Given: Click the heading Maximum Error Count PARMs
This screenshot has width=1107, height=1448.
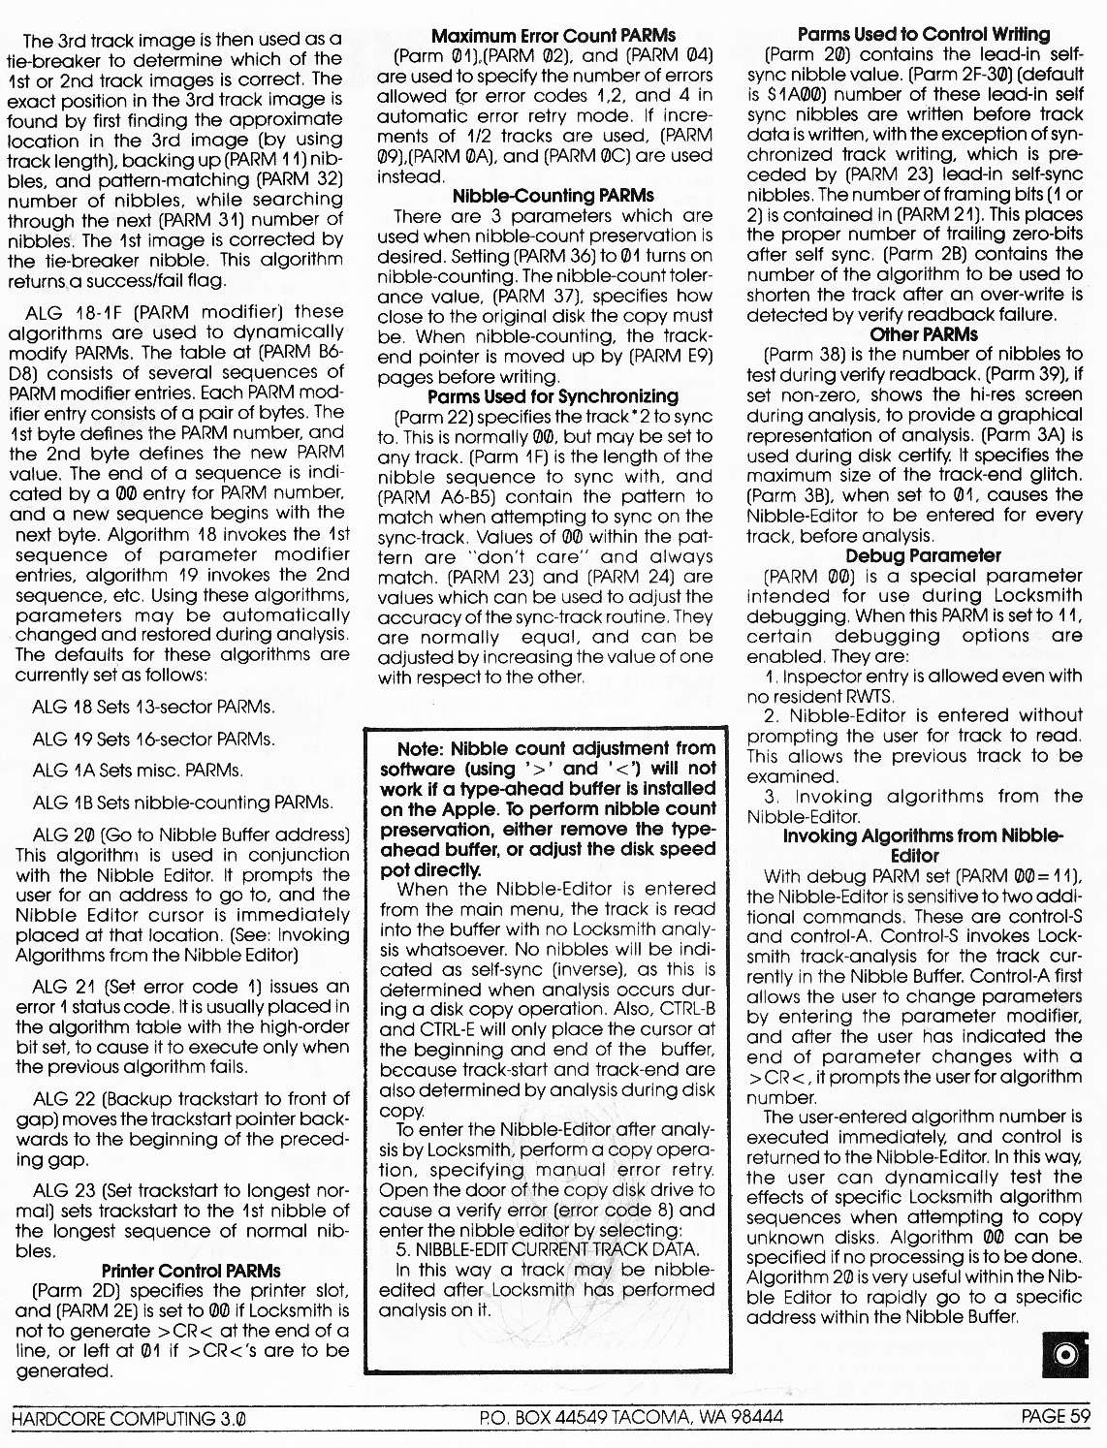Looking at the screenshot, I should (x=553, y=36).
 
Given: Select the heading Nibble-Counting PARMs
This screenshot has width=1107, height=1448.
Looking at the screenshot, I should (x=553, y=196).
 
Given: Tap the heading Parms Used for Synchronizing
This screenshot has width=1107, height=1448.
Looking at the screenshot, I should (x=553, y=396).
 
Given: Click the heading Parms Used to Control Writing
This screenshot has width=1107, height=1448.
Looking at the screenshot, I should (x=923, y=35).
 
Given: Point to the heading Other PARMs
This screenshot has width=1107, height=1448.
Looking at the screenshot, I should (x=923, y=334).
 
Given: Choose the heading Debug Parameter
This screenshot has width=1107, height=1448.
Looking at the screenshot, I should (x=923, y=555).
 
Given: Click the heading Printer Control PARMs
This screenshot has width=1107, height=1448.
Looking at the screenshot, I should (x=191, y=1271).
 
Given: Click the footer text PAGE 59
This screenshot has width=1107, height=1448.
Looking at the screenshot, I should (x=1056, y=1417).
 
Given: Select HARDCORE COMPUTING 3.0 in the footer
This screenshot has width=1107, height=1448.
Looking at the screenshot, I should (x=128, y=1419).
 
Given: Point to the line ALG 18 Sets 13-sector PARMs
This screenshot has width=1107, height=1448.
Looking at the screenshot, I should (x=153, y=707).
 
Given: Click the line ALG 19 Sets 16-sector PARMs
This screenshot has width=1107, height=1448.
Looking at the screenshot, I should (x=153, y=739).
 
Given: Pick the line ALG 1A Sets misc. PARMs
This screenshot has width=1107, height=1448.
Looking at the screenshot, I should (x=138, y=771).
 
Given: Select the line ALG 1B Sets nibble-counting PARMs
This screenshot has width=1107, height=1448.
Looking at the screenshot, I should (x=182, y=803).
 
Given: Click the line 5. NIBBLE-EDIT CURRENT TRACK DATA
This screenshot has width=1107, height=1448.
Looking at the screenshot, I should (x=547, y=1250).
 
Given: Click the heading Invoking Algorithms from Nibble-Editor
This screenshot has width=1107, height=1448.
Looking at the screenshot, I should (x=923, y=846).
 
